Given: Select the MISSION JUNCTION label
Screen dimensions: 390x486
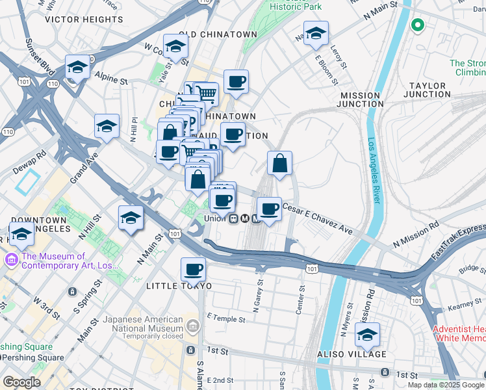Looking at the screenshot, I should click(x=362, y=99).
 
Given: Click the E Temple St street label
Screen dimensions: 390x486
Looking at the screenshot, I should click(x=226, y=319).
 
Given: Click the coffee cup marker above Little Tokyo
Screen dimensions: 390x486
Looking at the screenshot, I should click(x=193, y=268).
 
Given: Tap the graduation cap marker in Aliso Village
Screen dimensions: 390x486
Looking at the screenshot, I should click(x=367, y=335).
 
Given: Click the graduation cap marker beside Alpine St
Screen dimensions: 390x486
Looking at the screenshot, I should click(x=77, y=67).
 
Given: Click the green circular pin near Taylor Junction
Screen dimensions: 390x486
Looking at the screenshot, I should click(x=417, y=26).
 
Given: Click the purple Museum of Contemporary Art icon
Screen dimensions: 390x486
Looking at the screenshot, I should click(x=11, y=261).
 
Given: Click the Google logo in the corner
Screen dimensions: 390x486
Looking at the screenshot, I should click(x=22, y=382).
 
